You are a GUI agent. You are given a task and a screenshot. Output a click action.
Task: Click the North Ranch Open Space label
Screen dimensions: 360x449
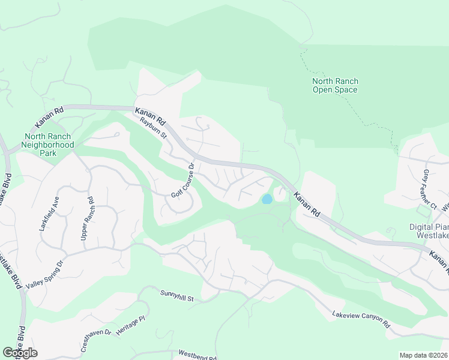tap(334, 86)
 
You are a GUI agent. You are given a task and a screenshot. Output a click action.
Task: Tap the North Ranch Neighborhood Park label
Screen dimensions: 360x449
tap(47, 145)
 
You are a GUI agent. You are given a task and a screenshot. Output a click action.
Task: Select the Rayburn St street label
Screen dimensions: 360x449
tap(152, 128)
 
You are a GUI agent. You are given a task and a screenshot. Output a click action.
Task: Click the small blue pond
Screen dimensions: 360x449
tap(267, 199)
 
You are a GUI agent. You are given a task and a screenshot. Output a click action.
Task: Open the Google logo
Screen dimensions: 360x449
tap(20, 353)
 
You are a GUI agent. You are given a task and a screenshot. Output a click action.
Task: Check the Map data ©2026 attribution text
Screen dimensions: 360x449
tap(424, 355)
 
